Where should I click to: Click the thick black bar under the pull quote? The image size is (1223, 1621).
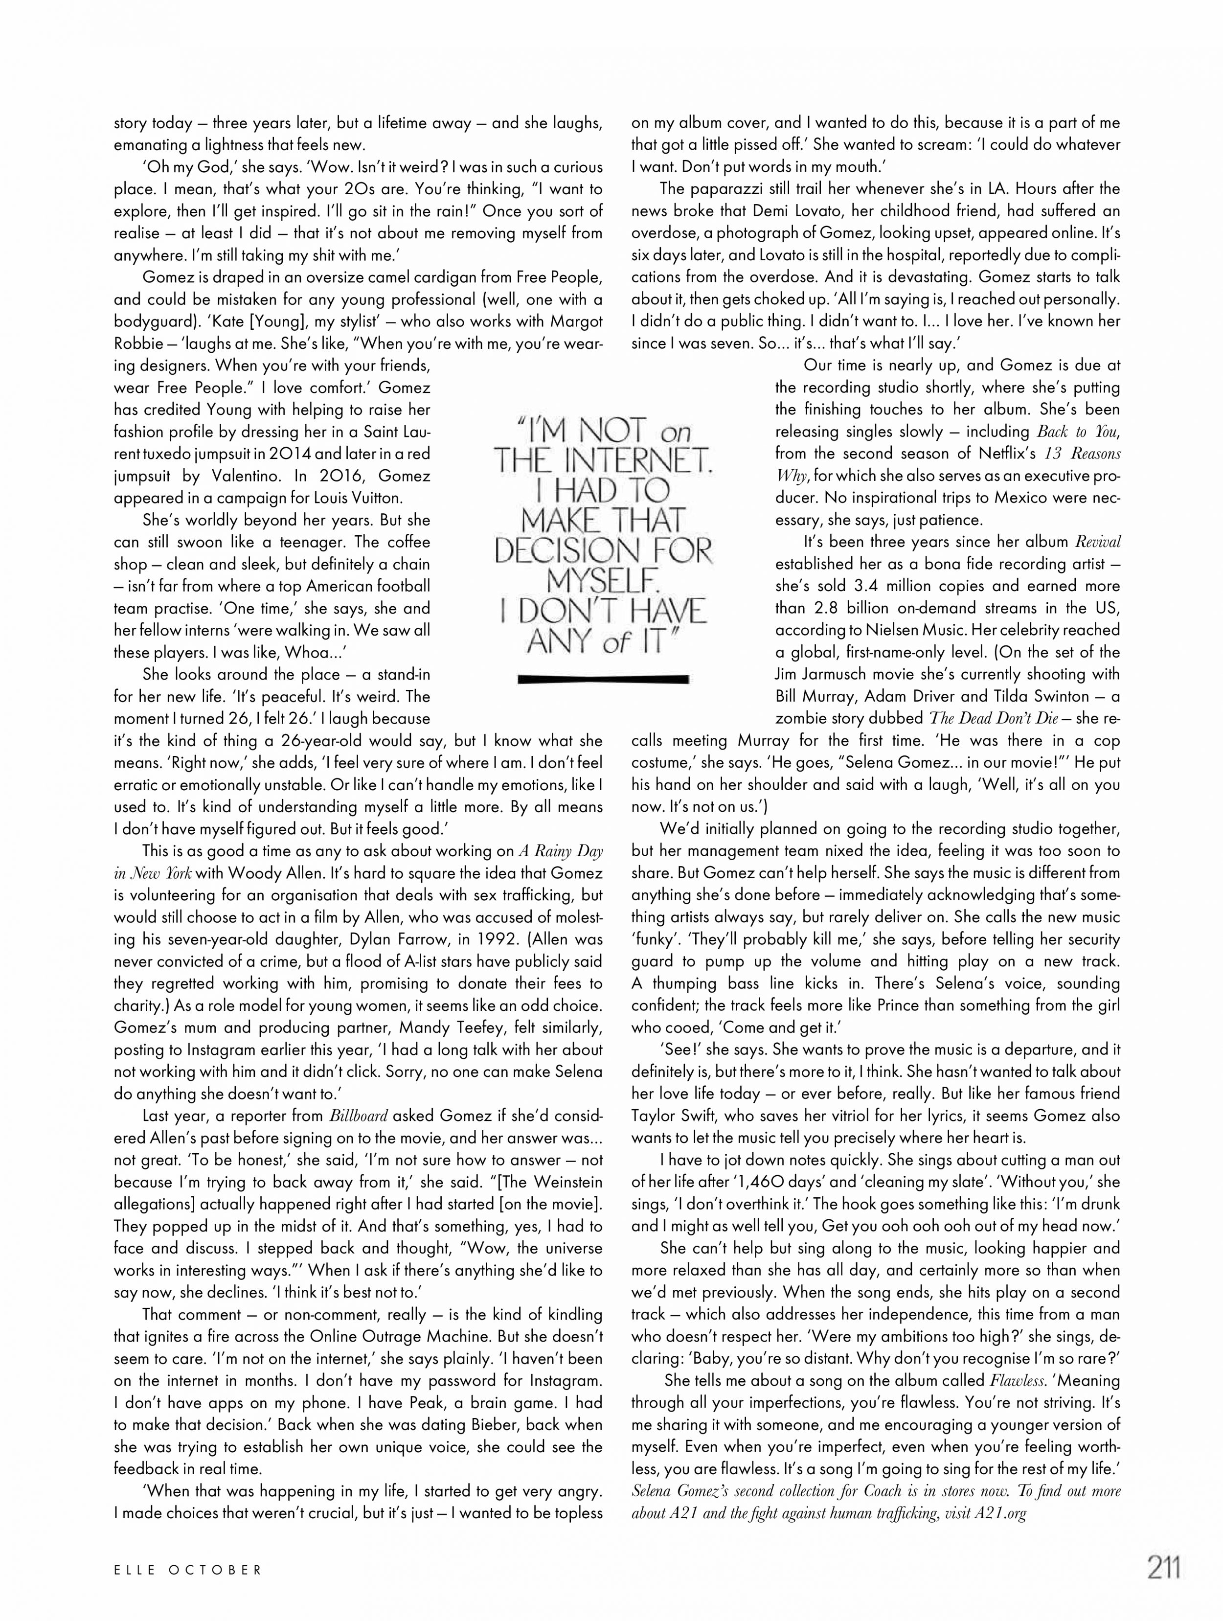(x=603, y=679)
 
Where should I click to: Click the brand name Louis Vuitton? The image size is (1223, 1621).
(x=362, y=498)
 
